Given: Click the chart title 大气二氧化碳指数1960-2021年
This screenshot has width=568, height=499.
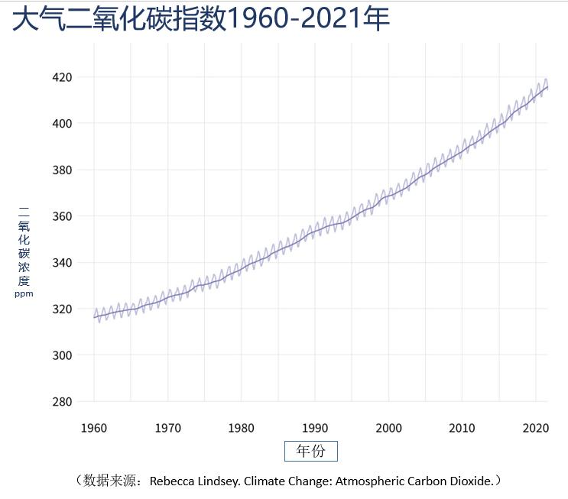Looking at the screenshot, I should [201, 18].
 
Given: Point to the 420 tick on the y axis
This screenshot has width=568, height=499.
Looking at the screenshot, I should [62, 77].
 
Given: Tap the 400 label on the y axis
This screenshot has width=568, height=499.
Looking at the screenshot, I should [62, 123].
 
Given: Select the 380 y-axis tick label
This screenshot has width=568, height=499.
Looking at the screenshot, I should [62, 170].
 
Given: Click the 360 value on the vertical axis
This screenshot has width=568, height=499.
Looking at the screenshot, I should [62, 216].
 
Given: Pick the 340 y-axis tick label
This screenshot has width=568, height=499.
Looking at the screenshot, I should [62, 263].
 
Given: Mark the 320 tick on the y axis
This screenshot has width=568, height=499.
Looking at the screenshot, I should [62, 309].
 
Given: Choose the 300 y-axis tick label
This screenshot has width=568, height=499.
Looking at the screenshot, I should [62, 355].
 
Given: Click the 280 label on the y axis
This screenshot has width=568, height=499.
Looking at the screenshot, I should [62, 402].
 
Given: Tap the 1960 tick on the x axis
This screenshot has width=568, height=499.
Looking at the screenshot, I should [94, 428].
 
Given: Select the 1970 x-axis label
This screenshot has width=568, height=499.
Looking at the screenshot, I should [168, 428].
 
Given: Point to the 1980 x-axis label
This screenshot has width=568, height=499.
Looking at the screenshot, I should [242, 428].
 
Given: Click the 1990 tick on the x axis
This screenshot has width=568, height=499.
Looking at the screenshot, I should [315, 428].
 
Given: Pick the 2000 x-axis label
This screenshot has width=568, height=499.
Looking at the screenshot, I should [388, 428].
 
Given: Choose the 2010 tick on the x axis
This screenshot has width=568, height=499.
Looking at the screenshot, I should [462, 428].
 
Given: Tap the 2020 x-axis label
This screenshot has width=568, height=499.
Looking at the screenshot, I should [535, 428].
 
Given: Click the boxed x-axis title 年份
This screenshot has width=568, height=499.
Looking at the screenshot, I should [310, 451].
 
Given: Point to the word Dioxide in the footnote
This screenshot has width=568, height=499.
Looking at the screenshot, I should [470, 481].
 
